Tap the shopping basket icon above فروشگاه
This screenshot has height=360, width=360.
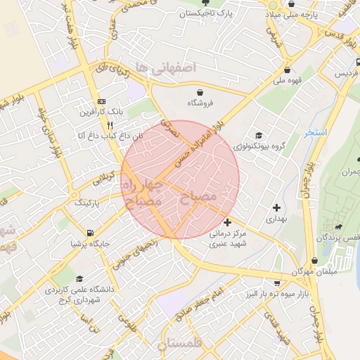pyautogui.click(x=200, y=92)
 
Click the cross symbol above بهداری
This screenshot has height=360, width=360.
pyautogui.click(x=276, y=207)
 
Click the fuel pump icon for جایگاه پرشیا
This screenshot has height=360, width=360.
pyautogui.click(x=89, y=233)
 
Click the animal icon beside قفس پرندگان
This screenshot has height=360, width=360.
pyautogui.click(x=340, y=227)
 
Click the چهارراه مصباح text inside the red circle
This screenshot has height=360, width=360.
pyautogui.click(x=143, y=192)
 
